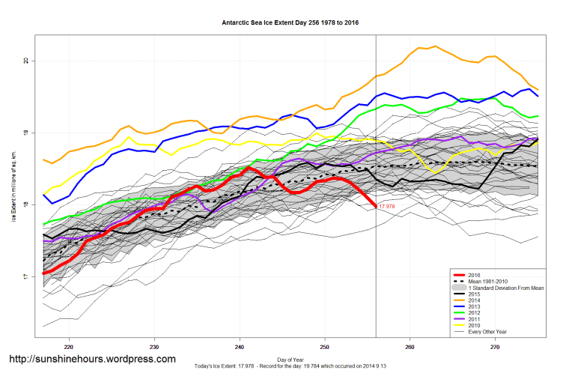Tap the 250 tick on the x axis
(325, 348)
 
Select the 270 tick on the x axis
(495, 348)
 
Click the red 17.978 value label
(387, 207)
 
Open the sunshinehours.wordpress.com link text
(92, 360)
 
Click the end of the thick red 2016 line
(375, 206)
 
